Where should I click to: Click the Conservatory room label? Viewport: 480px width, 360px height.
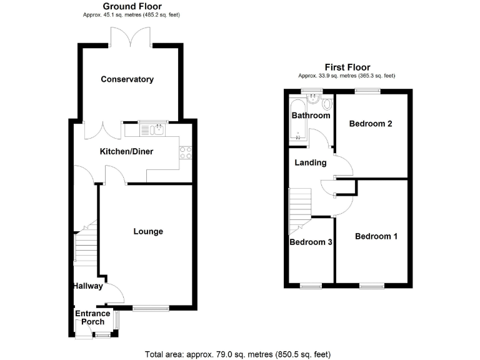tap(127, 79)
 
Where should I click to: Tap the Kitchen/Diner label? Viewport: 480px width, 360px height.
tap(127, 151)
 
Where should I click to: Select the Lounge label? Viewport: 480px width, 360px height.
tap(148, 231)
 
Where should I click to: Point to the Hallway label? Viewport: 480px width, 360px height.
tap(86, 286)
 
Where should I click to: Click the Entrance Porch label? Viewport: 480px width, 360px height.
tap(92, 317)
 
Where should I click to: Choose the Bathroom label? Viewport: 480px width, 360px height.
tap(311, 116)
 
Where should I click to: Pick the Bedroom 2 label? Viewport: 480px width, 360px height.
tap(371, 124)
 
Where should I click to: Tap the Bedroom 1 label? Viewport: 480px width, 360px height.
tap(376, 236)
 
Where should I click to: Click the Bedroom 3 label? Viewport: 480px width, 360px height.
tap(311, 242)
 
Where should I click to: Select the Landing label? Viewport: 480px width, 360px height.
tap(311, 162)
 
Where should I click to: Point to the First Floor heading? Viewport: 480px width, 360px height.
tap(347, 67)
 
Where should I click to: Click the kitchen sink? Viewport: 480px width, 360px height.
tap(153, 129)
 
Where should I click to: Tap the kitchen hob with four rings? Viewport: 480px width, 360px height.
tap(185, 152)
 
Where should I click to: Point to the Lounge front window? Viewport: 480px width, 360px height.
tap(151, 307)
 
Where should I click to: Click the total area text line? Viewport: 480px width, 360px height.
tap(237, 354)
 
